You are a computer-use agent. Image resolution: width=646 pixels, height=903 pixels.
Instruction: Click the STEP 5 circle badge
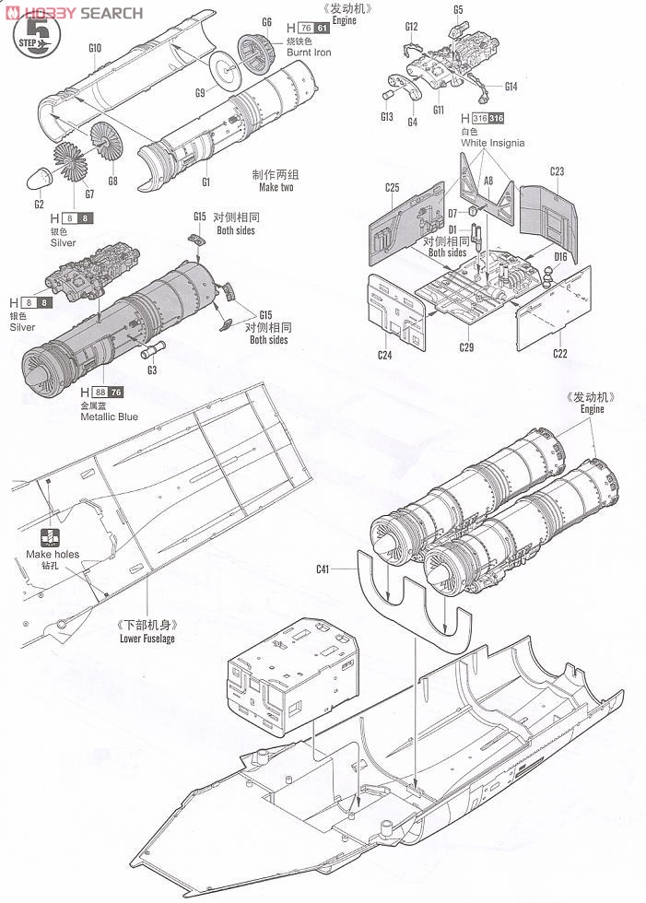[38, 36]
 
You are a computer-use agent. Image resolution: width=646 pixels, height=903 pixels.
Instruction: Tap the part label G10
[94, 47]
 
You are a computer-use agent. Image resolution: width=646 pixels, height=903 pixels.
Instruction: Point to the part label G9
[199, 92]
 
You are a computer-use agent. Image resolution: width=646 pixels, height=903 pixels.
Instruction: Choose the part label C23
[557, 171]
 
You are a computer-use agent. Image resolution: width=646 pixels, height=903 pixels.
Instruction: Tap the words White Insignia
[492, 143]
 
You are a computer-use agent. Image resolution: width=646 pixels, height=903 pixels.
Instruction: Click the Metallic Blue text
[108, 416]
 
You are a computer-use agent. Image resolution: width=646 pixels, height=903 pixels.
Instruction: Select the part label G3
[151, 370]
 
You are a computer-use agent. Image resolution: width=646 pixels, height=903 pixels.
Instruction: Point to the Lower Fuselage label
[147, 638]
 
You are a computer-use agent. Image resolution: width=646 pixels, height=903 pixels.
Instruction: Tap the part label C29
[467, 347]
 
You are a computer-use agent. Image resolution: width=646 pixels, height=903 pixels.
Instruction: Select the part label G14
[511, 87]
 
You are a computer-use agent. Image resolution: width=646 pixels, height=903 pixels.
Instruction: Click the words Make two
[276, 187]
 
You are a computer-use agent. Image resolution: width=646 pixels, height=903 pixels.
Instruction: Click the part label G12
[411, 27]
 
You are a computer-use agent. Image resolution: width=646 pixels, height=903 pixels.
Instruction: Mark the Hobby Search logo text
[82, 13]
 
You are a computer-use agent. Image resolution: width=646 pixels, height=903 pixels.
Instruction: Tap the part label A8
[488, 182]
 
